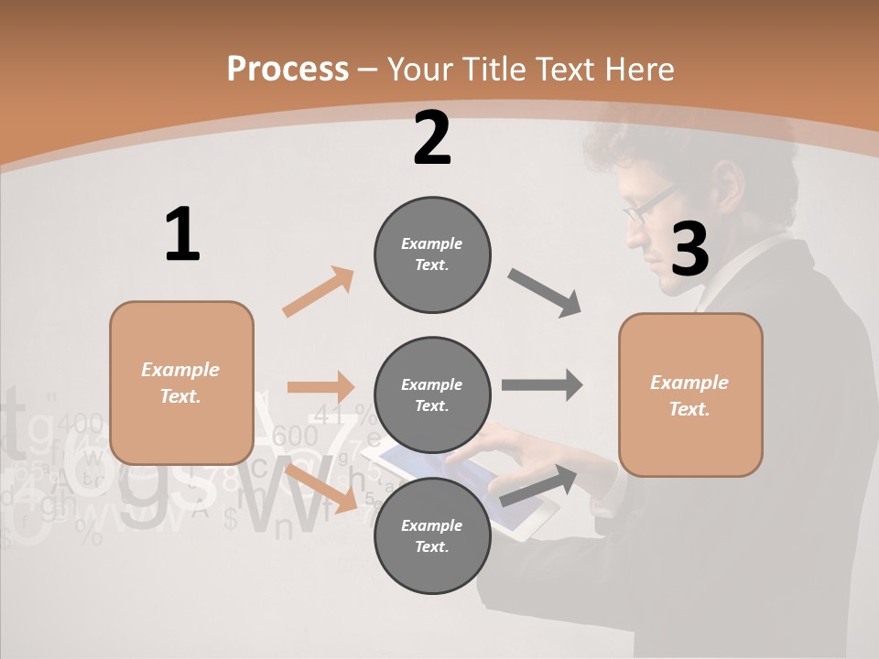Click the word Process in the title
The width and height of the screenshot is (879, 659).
click(288, 70)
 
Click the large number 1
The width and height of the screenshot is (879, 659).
click(182, 234)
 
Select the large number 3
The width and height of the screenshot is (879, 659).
click(690, 249)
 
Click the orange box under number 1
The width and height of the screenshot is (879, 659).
click(181, 383)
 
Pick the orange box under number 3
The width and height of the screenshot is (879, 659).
click(690, 394)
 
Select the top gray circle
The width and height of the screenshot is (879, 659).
click(432, 254)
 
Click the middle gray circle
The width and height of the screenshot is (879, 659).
click(432, 394)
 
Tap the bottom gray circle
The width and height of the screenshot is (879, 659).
click(432, 535)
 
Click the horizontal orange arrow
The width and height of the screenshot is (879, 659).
click(320, 387)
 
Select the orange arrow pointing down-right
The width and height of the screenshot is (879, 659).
click(320, 487)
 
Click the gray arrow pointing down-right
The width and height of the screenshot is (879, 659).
click(545, 293)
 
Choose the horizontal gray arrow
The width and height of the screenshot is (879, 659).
click(542, 384)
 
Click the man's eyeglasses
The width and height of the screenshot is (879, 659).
click(648, 205)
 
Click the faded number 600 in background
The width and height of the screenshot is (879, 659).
click(295, 436)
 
